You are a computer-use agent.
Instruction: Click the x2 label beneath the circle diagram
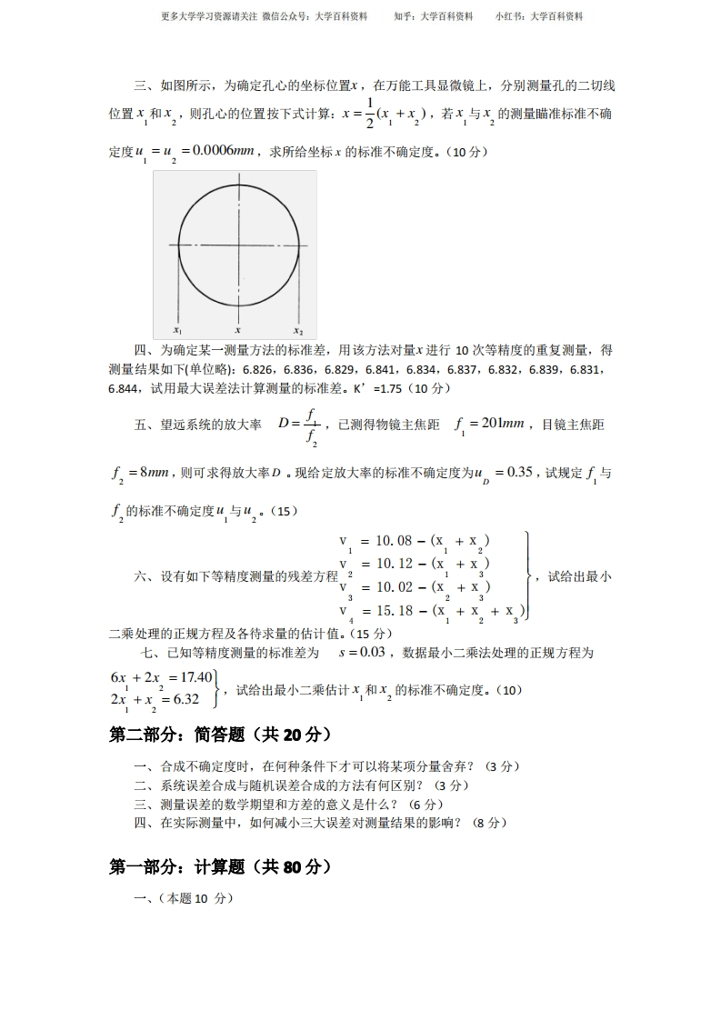point(298,331)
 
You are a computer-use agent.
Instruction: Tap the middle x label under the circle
point(238,331)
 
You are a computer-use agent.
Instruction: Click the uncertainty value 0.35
point(519,472)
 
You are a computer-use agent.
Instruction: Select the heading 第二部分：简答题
point(220,734)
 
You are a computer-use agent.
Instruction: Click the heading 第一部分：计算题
point(220,867)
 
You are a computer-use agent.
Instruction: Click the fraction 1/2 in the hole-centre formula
point(369,114)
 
